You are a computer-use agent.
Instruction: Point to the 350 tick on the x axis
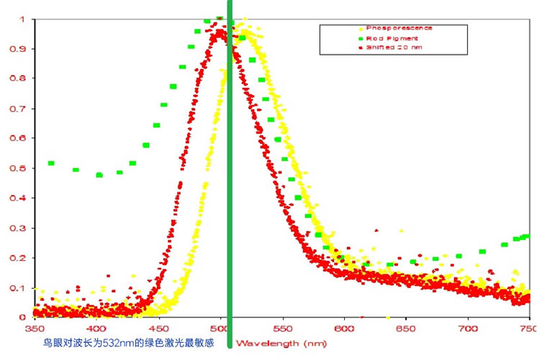(x=34, y=328)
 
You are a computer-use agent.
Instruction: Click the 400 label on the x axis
(x=96, y=328)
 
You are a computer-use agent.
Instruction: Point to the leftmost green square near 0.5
(x=51, y=163)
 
